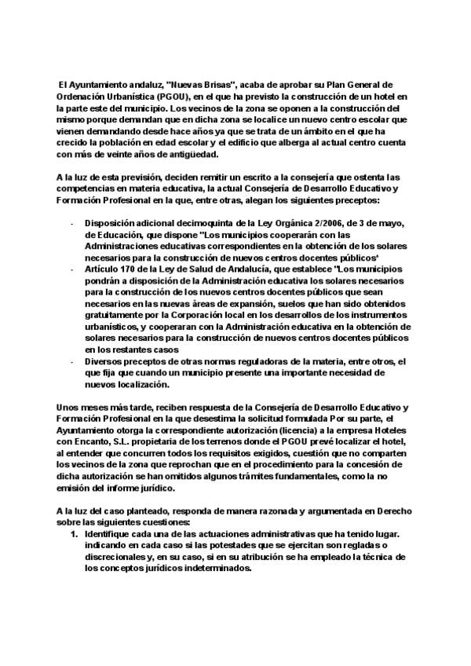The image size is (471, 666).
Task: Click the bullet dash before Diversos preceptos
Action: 71,362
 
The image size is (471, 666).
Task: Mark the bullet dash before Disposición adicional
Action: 71,223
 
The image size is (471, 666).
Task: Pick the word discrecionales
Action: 116,557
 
